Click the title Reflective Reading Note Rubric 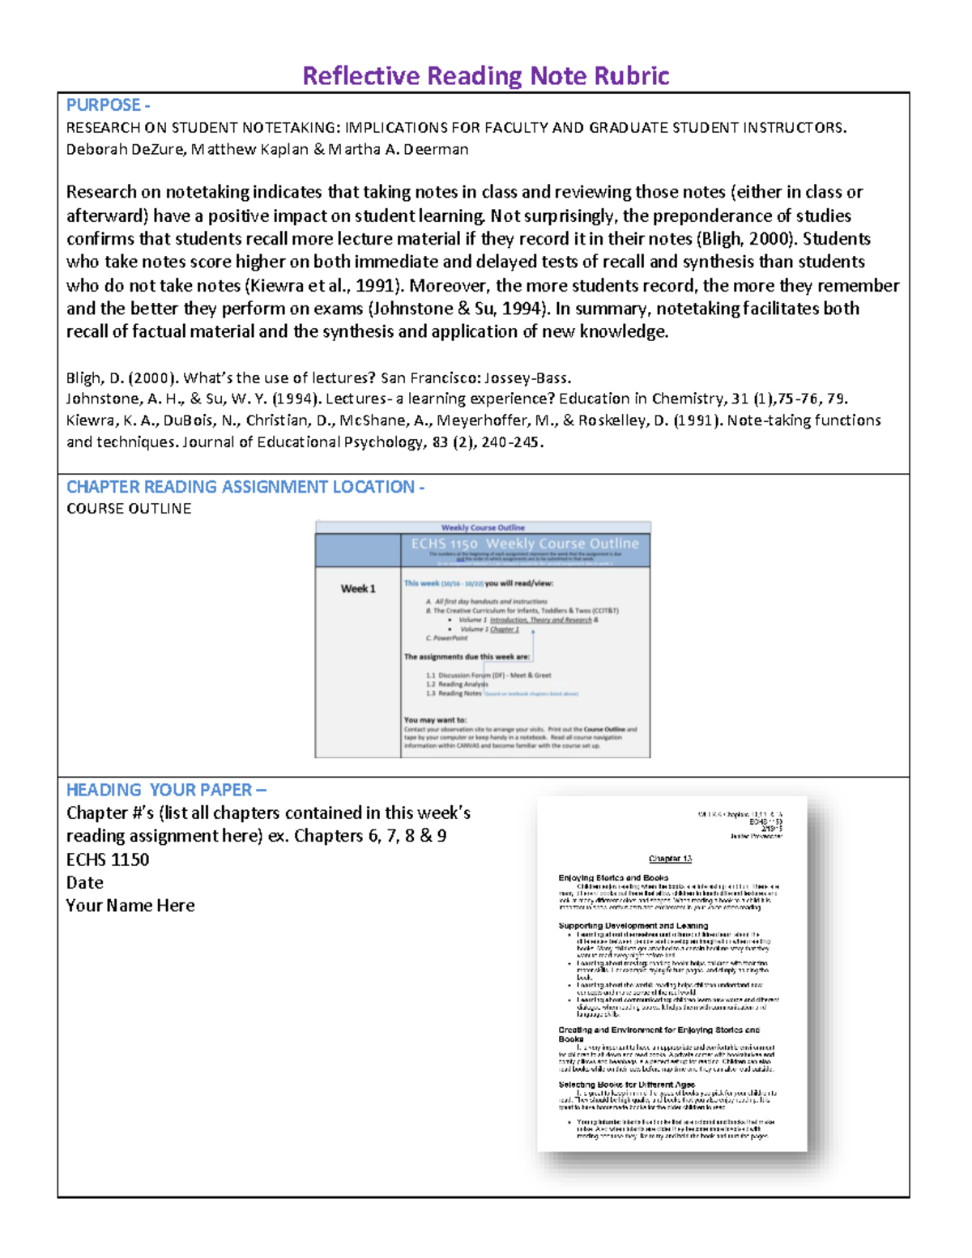click(485, 76)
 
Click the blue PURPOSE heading click(108, 105)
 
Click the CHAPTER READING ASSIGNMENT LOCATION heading click(245, 487)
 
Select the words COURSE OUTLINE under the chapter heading click(129, 509)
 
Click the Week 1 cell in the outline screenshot click(357, 589)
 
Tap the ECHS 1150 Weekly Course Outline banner click(524, 544)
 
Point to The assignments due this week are click(467, 657)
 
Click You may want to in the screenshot click(435, 719)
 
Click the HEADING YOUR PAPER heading click(166, 790)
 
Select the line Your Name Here click(130, 906)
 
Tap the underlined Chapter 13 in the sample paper click(670, 859)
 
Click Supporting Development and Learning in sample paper click(633, 925)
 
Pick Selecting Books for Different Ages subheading click(626, 1084)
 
